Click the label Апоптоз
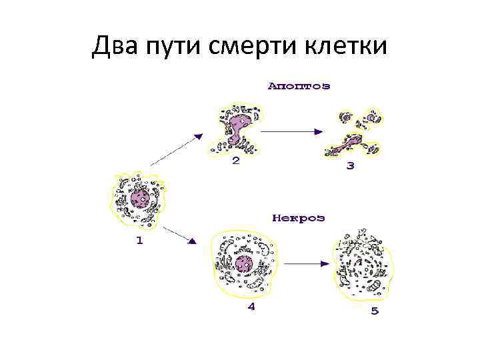point(299,86)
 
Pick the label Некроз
point(298,218)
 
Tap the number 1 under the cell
point(139,241)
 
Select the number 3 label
point(351,165)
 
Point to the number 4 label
point(251,307)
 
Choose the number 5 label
point(375,311)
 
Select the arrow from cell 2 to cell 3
point(293,131)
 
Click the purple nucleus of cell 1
point(141,198)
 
